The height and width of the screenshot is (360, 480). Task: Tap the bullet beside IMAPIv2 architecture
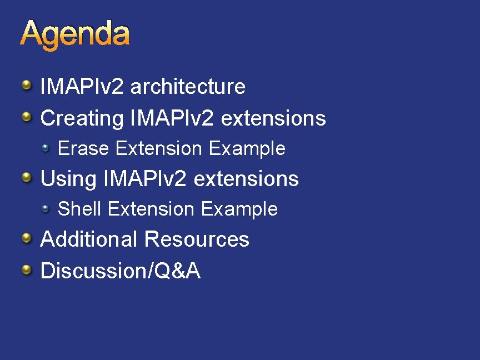click(x=27, y=86)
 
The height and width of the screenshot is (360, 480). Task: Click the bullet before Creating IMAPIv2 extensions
click(x=27, y=117)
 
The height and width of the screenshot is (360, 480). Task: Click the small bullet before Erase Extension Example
click(x=46, y=148)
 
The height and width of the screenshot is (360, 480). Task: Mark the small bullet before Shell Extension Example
click(x=46, y=208)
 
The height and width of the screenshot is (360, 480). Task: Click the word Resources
click(x=197, y=239)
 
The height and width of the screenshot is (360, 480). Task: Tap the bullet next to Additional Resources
click(x=27, y=238)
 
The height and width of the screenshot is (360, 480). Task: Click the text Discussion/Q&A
click(x=121, y=271)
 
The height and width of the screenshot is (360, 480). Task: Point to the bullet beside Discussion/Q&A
click(x=27, y=270)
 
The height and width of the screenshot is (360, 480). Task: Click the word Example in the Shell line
click(x=239, y=209)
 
